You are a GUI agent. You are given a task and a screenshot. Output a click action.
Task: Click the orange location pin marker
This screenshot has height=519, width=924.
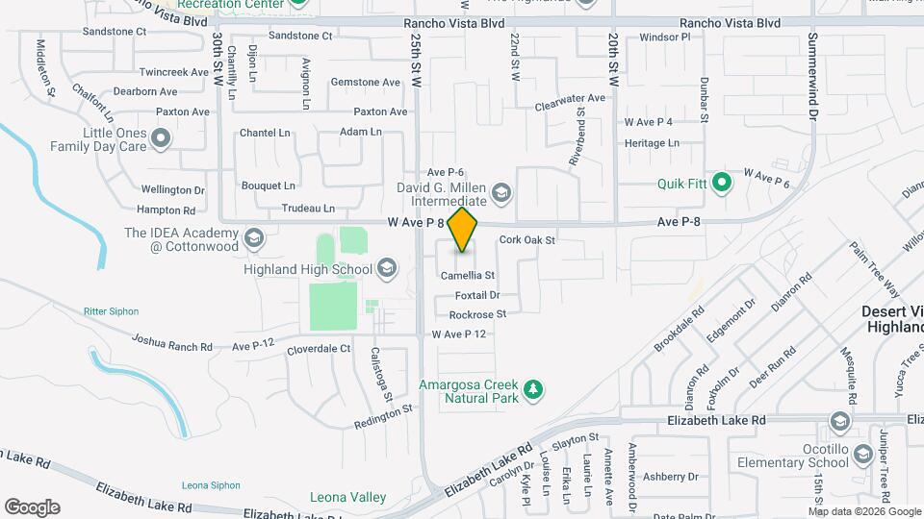[x=463, y=230]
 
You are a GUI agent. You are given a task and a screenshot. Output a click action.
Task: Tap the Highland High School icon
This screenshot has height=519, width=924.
[x=387, y=268]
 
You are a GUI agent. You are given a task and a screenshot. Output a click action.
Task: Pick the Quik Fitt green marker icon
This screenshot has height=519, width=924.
[x=723, y=183]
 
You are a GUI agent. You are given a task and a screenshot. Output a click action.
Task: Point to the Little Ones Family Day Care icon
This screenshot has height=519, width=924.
[x=161, y=140]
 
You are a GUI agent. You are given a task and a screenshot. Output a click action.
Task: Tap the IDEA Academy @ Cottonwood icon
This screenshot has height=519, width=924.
[x=253, y=238]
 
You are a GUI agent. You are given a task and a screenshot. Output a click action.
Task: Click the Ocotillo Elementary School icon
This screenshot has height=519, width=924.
[x=838, y=423]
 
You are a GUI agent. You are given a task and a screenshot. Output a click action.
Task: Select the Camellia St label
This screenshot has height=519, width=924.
[x=468, y=276]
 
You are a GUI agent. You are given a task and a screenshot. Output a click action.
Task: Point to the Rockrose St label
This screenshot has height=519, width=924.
[x=477, y=314]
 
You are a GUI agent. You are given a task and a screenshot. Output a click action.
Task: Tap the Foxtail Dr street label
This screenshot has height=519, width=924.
[x=477, y=295]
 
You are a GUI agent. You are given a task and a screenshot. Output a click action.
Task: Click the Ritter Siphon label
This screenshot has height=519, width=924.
[x=111, y=311]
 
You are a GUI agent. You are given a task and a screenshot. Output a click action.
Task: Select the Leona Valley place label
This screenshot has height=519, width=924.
[x=347, y=497]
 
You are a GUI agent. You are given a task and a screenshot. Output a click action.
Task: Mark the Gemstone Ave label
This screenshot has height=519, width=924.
[x=365, y=83]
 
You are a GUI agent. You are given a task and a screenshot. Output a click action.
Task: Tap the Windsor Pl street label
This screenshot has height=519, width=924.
[x=665, y=37]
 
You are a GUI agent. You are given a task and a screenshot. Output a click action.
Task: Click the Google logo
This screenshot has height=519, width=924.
[x=32, y=507]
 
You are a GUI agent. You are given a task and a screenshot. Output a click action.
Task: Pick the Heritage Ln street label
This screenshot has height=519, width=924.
[x=652, y=143]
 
